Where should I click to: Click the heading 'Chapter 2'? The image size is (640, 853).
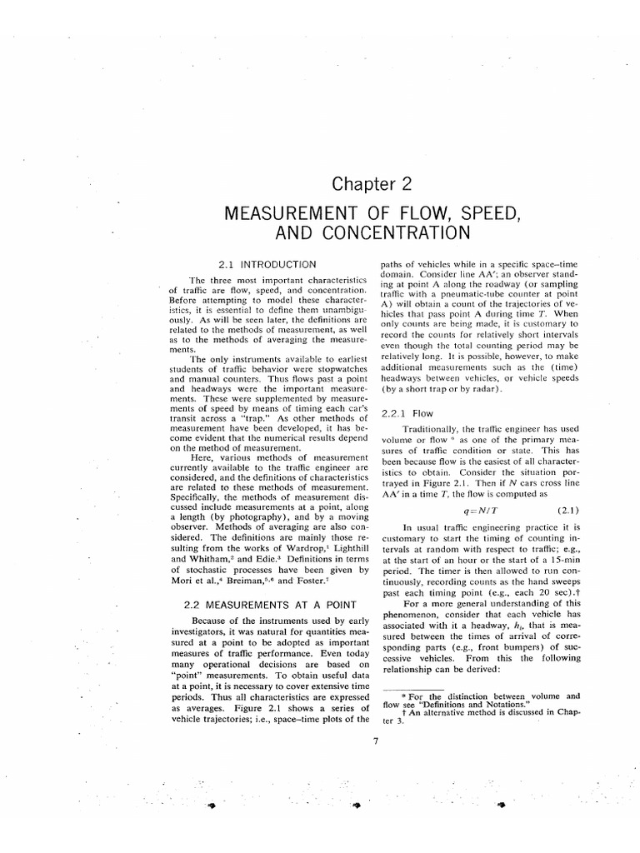371,184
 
